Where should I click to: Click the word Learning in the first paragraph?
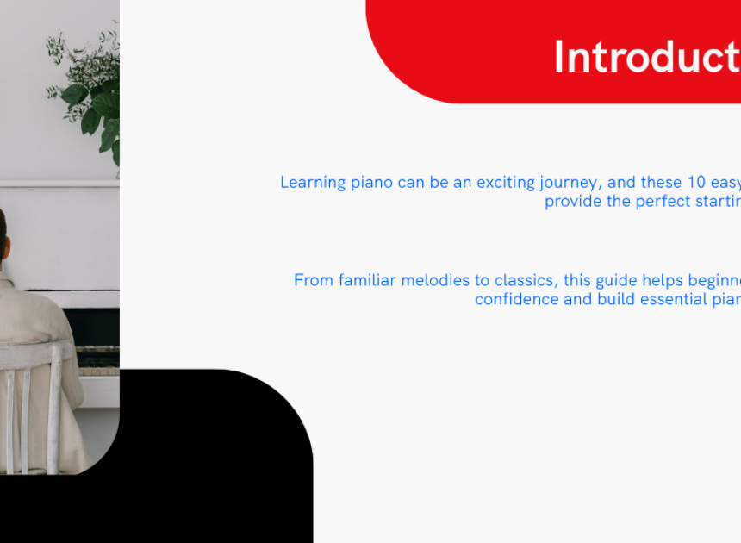pyautogui.click(x=313, y=183)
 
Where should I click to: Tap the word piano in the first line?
pyautogui.click(x=371, y=183)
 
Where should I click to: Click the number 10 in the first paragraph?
pyautogui.click(x=696, y=182)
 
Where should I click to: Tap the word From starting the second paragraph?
pyautogui.click(x=314, y=280)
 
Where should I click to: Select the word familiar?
pyautogui.click(x=367, y=280)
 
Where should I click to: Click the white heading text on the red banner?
pyautogui.click(x=647, y=57)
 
